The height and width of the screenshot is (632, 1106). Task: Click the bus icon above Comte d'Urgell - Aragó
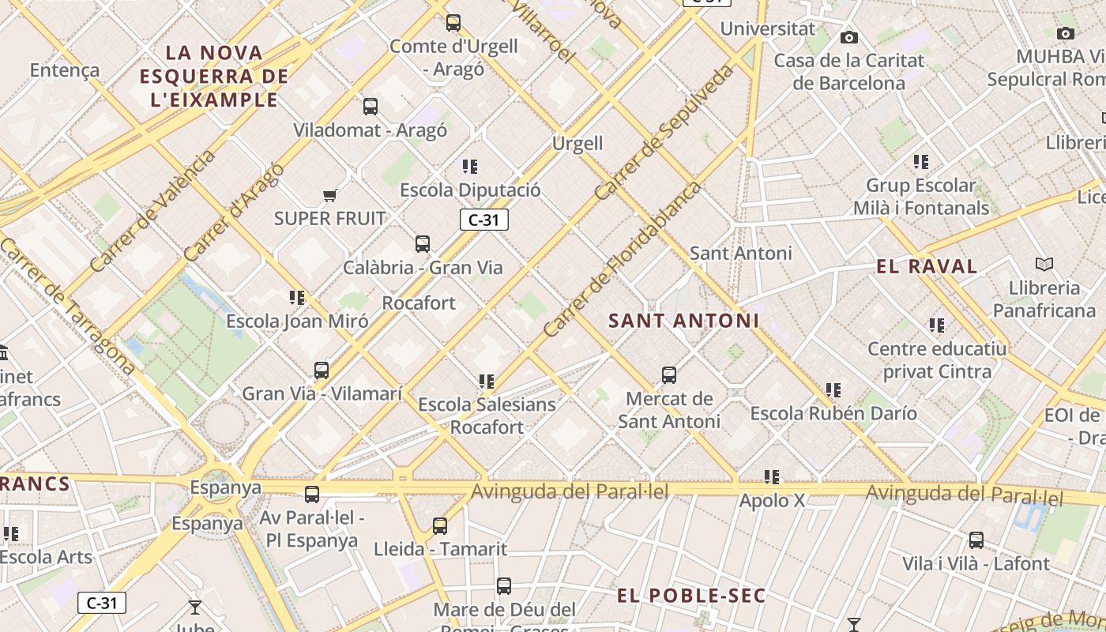(x=453, y=23)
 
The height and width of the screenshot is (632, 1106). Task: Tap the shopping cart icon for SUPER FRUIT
(x=329, y=195)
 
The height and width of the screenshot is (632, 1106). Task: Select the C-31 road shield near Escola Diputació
(x=483, y=220)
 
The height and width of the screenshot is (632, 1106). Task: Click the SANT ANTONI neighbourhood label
(x=684, y=321)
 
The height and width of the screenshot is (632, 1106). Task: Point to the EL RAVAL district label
(x=927, y=266)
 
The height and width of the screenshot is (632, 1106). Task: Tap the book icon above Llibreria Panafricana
(x=1044, y=265)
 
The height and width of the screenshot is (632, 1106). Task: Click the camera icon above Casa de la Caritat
(x=849, y=37)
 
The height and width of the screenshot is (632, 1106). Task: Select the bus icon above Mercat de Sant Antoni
(x=669, y=375)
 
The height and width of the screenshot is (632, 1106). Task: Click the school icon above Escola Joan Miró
(x=297, y=298)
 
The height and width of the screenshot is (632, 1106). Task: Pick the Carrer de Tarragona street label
(x=67, y=304)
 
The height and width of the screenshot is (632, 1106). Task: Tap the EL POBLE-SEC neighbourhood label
(x=691, y=596)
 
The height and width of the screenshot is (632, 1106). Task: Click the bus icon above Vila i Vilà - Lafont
(x=976, y=540)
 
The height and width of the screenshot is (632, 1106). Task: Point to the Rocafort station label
(x=419, y=303)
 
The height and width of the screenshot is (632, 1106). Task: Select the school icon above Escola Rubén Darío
(x=833, y=390)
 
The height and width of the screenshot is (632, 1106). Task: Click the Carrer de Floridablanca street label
(x=623, y=260)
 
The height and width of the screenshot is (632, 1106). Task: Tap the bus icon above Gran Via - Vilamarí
(x=322, y=371)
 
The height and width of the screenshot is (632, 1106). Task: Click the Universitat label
(x=768, y=29)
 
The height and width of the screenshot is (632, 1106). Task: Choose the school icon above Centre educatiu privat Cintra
(x=937, y=325)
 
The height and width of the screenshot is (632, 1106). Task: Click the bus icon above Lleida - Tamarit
(x=440, y=525)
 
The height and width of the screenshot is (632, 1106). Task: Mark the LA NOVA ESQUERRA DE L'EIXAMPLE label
(x=214, y=77)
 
